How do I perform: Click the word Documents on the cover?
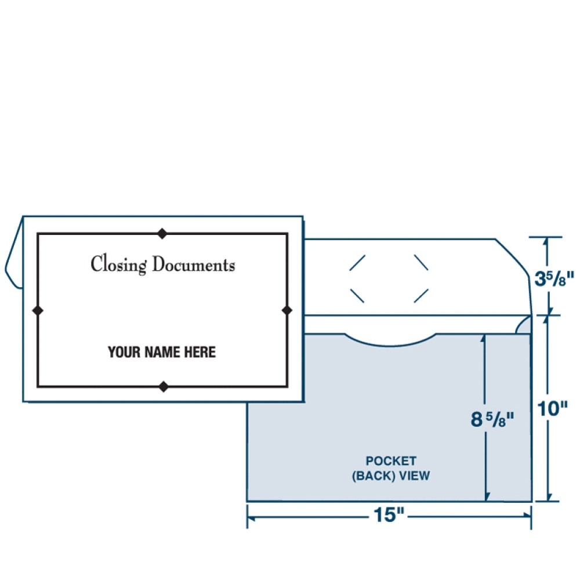tap(194, 265)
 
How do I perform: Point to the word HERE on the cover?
tap(200, 351)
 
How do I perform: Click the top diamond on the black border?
tap(163, 234)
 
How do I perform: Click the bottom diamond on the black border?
tap(164, 386)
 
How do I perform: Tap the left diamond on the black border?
tap(38, 310)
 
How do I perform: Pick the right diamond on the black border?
tap(287, 310)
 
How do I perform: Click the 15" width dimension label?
tap(389, 515)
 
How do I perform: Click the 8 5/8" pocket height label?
tap(492, 419)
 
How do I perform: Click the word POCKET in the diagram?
tap(390, 461)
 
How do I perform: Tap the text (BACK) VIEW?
tap(390, 476)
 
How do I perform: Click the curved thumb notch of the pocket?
tap(390, 341)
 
